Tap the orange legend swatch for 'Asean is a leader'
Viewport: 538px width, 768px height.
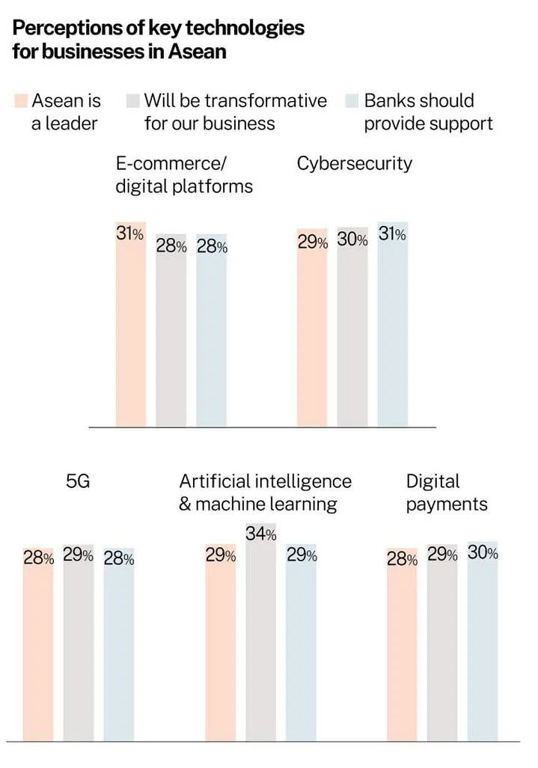(x=21, y=100)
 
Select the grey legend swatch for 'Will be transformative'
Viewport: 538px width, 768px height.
(x=134, y=100)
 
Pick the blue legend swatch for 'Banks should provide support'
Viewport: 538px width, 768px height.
(x=353, y=100)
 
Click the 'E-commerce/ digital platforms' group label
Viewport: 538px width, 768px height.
(x=183, y=174)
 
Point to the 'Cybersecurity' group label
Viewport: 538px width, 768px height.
(x=354, y=163)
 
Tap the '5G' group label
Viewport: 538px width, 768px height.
(x=78, y=481)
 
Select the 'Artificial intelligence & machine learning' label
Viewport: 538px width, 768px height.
(x=265, y=492)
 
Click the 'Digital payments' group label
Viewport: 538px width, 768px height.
(x=446, y=492)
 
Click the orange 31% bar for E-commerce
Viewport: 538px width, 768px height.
(x=131, y=337)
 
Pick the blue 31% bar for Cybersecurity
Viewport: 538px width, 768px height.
(x=392, y=337)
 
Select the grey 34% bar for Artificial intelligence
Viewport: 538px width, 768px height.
(x=260, y=644)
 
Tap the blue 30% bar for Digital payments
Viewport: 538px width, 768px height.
(x=483, y=651)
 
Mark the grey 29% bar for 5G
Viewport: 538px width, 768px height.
(x=79, y=651)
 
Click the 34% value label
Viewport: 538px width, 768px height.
(x=261, y=534)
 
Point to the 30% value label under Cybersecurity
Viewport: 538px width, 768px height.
(x=352, y=240)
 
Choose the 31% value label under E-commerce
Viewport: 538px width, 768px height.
(x=129, y=234)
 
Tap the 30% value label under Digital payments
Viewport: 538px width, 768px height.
(x=483, y=553)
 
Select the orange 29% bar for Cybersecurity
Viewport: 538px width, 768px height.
(x=312, y=337)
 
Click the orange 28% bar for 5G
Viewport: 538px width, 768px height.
(x=38, y=651)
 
